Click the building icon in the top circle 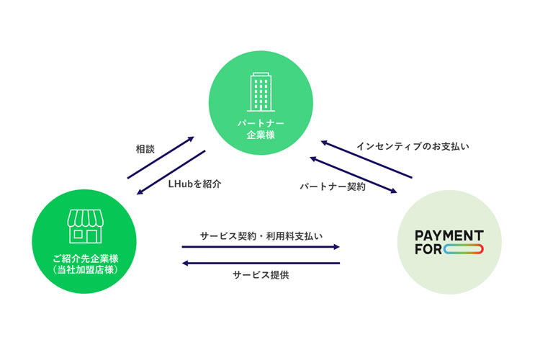261,94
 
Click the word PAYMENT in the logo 449,235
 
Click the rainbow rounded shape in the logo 464,250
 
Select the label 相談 145,150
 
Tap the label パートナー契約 333,186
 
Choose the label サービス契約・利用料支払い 261,235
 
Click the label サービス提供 261,275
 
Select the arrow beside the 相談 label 161,157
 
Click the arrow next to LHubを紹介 171,173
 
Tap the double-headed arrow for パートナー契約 354,174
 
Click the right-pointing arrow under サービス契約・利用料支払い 261,248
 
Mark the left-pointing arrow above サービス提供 261,263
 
